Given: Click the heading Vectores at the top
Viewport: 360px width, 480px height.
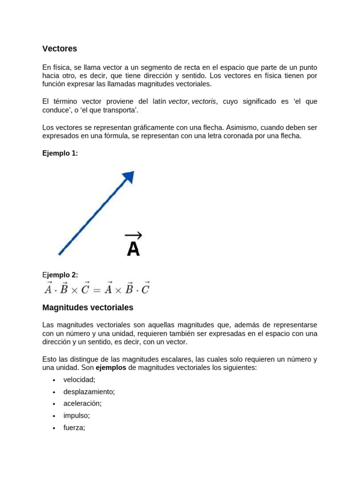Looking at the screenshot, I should coord(60,48).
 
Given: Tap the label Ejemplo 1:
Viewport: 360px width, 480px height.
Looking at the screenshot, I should coord(60,153).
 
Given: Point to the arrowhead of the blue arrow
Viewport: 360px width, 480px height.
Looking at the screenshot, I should coord(128,177).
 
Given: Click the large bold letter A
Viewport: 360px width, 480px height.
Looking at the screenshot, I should coord(134,249).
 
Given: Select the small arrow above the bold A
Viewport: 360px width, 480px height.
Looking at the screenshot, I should coord(133,235).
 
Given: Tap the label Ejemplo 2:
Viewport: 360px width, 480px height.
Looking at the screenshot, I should coord(60,275).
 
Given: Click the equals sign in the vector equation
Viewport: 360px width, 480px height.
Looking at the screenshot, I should coord(97,289).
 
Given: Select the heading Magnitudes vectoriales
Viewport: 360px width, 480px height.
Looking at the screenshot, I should coord(88,307).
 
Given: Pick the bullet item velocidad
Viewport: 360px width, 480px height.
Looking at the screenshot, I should coord(79,380).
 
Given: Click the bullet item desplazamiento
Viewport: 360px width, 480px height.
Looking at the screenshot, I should coord(89,391).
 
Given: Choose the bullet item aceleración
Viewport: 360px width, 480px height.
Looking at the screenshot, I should coord(82,403).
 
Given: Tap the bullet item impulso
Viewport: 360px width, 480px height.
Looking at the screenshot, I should coord(76,415).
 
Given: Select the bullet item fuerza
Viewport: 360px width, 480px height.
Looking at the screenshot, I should coord(74,427).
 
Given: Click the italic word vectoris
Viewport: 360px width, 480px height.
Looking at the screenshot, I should coord(204,101).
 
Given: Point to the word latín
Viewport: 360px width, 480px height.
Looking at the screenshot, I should coord(157,101).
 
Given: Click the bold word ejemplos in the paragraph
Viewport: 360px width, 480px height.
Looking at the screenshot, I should coord(111,367).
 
